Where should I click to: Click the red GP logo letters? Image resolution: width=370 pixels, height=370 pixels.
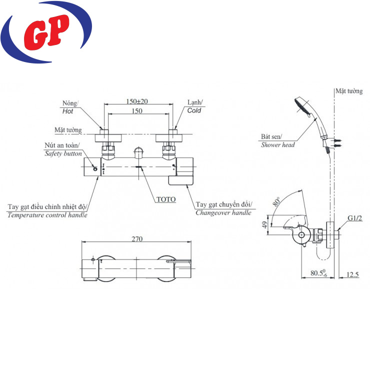(46, 32)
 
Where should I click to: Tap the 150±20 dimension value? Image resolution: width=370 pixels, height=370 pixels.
(137, 101)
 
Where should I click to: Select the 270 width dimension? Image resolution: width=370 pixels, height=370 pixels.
(137, 239)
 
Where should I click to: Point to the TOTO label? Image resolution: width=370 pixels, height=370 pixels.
(166, 199)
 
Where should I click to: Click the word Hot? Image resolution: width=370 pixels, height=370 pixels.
(67, 111)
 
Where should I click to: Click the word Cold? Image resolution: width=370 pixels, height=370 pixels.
(194, 110)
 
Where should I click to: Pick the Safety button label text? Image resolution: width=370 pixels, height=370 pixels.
(63, 153)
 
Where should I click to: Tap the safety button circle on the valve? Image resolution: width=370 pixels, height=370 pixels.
(95, 169)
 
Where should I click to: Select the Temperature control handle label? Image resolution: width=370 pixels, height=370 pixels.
(47, 215)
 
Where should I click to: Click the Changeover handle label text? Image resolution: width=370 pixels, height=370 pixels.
(223, 212)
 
